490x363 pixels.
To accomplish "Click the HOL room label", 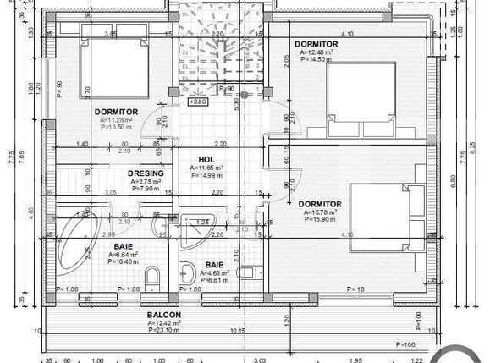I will [206, 159].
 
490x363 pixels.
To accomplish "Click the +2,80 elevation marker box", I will [197, 102].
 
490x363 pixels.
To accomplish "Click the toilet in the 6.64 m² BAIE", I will [153, 276].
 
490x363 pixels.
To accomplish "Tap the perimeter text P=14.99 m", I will [206, 176].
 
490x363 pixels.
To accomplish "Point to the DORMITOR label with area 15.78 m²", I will [320, 204].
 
